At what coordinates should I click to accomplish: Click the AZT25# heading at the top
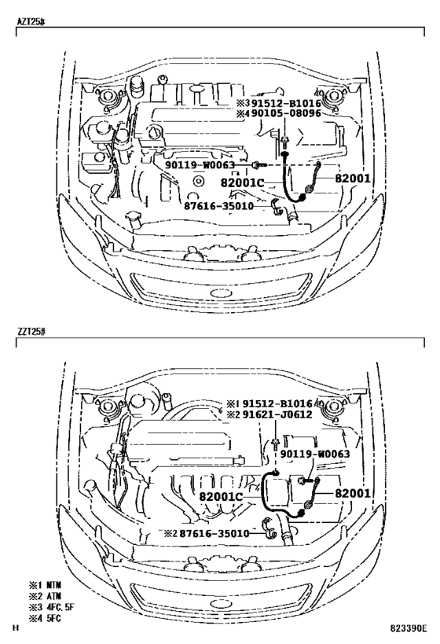point(31,22)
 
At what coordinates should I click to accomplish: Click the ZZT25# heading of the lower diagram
point(31,332)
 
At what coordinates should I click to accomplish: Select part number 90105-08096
point(286,113)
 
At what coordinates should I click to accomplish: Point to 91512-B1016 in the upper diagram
point(286,103)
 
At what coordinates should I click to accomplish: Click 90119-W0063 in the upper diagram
point(200,165)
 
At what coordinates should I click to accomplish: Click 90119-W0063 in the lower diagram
point(315,454)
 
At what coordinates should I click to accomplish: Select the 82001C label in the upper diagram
point(242,182)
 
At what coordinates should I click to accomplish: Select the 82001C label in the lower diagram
point(221,496)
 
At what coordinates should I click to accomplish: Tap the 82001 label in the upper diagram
point(353,178)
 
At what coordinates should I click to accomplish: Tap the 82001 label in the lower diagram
point(353,493)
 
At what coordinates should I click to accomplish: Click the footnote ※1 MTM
point(45,585)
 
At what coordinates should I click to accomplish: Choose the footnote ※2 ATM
point(45,595)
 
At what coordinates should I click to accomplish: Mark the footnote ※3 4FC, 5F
point(51,607)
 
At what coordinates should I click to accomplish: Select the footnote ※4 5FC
point(45,618)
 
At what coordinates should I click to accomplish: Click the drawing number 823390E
point(409,628)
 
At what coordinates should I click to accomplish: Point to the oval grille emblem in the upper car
point(222,293)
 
